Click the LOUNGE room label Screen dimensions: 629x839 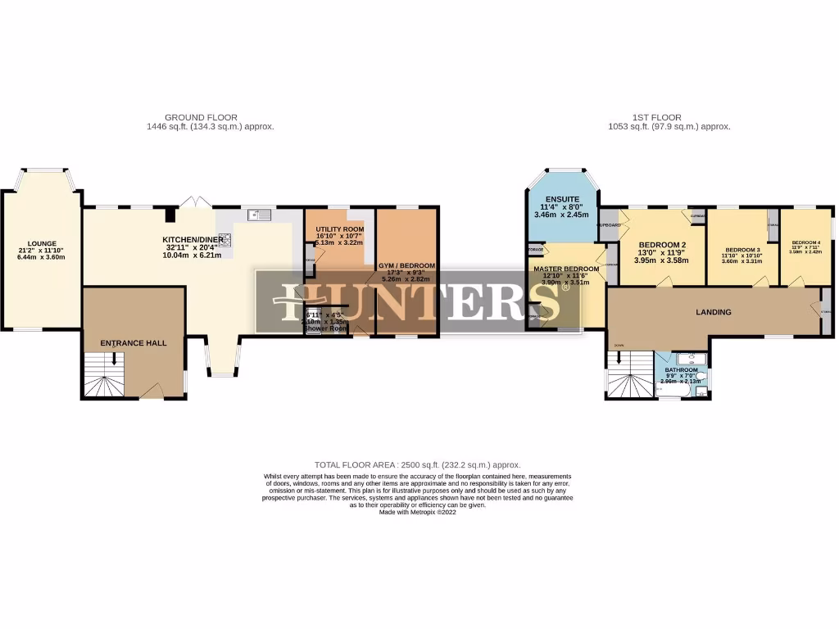[41, 243]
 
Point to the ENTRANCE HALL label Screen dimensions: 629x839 [133, 343]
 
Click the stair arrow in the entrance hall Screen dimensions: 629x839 [114, 358]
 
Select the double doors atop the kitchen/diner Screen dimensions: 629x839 [191, 201]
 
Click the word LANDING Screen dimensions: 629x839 [713, 312]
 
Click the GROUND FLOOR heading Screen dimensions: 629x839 [201, 118]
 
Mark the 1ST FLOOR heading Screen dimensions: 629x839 [657, 118]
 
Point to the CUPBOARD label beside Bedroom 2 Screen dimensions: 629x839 [608, 224]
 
